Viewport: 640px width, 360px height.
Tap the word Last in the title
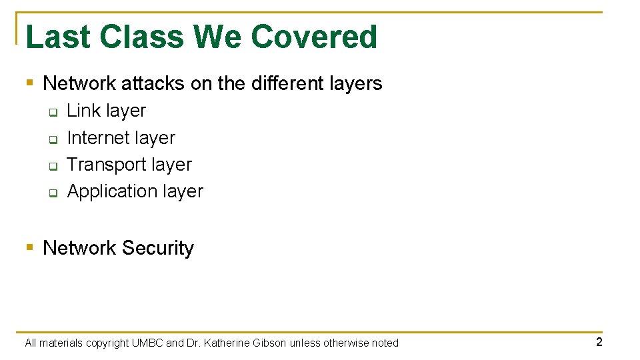55,37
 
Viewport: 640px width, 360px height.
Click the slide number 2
599,342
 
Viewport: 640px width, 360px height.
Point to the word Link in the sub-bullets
83,111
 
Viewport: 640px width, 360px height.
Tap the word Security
158,248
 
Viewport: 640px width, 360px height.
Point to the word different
288,83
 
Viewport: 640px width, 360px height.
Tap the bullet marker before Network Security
29,248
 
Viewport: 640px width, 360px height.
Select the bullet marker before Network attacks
29,83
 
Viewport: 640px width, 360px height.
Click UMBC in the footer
147,343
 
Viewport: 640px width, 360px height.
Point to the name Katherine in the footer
228,343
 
